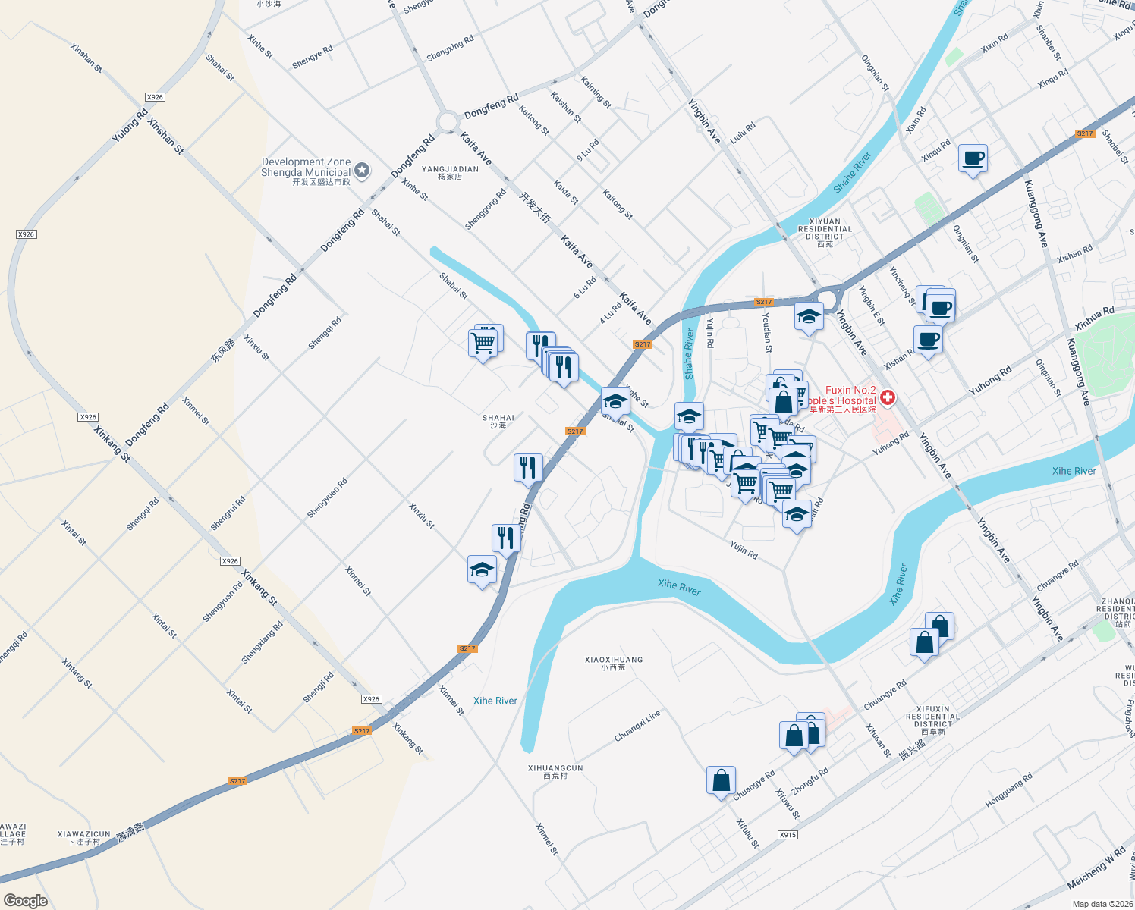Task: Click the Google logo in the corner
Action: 26,900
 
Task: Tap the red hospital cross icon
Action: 887,397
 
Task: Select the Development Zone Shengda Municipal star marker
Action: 362,170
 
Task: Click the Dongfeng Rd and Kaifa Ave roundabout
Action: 448,121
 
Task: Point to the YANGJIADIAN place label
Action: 450,172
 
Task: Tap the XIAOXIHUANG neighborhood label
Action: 614,663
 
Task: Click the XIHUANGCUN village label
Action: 555,771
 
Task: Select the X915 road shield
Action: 788,834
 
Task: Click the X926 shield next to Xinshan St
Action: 155,97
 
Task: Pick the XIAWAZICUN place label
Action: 83,837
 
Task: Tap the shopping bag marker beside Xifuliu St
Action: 721,780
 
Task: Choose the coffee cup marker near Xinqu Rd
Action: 973,159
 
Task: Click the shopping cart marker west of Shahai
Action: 483,343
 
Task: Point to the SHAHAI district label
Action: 498,421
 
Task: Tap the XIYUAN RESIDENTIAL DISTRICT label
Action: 825,232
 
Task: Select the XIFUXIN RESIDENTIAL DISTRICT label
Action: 932,720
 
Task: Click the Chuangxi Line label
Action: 637,726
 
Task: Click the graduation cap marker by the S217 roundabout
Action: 809,316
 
